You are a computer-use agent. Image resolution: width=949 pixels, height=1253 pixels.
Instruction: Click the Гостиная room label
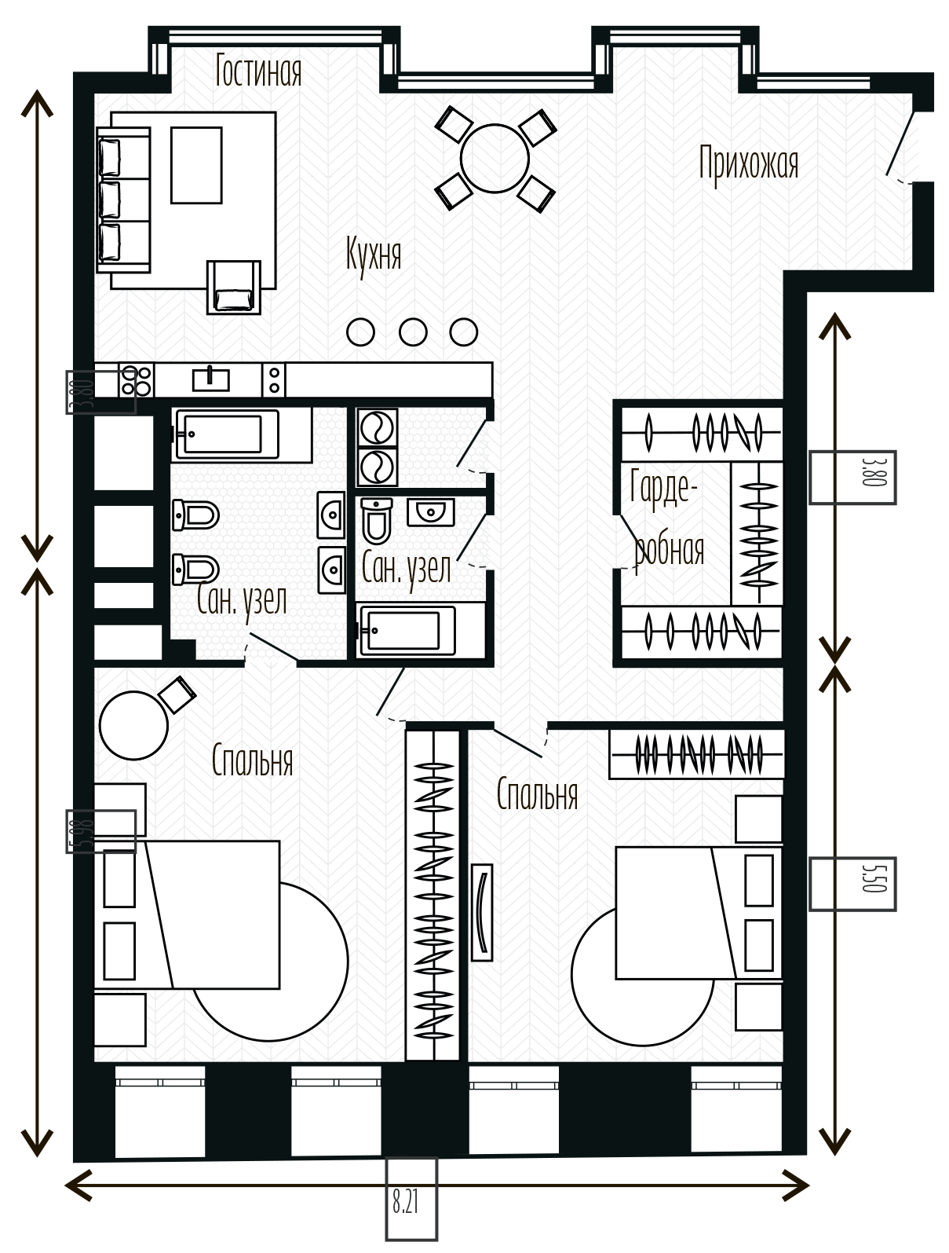tap(258, 71)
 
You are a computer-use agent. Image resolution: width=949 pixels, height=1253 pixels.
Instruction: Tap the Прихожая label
tap(748, 164)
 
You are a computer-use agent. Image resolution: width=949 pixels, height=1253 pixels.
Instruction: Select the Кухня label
tap(374, 255)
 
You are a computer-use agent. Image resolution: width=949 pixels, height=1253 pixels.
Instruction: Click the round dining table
tap(495, 159)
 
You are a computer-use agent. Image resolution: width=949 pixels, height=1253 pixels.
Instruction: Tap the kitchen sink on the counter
tap(210, 379)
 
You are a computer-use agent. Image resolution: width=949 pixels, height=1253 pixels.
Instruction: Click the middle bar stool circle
tap(412, 332)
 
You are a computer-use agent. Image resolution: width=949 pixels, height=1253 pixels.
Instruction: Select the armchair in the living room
tap(234, 288)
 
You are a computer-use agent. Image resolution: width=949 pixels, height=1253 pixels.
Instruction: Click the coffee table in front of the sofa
tap(196, 165)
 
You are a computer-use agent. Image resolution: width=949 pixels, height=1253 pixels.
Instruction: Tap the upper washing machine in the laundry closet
tap(377, 427)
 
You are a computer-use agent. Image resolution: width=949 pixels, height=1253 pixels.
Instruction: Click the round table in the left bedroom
tap(133, 726)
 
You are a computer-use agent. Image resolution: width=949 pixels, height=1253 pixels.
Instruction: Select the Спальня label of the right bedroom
tap(537, 794)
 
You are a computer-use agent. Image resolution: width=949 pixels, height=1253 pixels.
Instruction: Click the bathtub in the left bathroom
tap(227, 434)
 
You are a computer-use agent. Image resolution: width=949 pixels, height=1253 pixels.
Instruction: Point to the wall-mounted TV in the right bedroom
tap(482, 912)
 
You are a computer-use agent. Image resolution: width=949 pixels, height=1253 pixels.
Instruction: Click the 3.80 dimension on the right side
tap(872, 471)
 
